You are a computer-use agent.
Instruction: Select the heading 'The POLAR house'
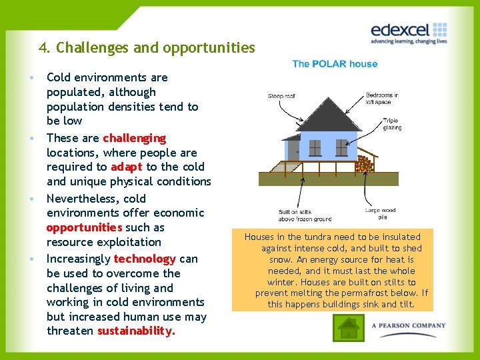coord(335,64)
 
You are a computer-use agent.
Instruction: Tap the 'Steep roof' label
coord(281,96)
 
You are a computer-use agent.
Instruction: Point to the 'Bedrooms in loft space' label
coord(382,99)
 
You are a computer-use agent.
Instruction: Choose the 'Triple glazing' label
coord(392,124)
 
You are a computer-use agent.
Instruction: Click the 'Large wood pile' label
coord(380,213)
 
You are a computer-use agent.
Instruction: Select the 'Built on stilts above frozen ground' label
coord(305,215)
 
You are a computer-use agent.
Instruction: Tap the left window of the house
coord(315,147)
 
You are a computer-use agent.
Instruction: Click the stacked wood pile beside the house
coord(364,163)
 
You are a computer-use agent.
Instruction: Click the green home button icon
coord(348,327)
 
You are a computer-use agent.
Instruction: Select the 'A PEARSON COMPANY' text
coord(409,325)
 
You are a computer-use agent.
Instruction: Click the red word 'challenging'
coord(134,138)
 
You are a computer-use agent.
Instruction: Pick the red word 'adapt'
coord(127,167)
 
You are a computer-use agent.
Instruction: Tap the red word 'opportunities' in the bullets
coord(84,227)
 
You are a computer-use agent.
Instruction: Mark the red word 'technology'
coord(145,259)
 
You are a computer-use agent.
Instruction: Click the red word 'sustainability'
coord(136,331)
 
